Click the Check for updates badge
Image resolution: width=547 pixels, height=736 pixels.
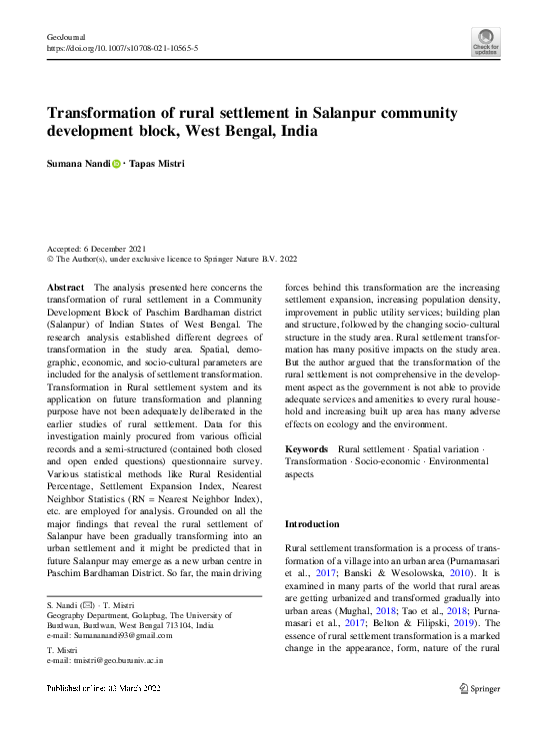[486, 41]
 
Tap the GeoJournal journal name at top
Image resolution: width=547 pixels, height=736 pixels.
[65, 36]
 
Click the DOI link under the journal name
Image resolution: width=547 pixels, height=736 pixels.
[123, 48]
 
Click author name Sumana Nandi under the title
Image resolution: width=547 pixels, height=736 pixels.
[78, 163]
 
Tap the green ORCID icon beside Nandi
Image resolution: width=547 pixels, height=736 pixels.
[116, 163]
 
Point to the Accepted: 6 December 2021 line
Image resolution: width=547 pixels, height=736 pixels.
[97, 248]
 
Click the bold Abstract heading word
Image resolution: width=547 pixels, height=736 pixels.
[66, 288]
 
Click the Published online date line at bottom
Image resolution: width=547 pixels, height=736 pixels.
[97, 689]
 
